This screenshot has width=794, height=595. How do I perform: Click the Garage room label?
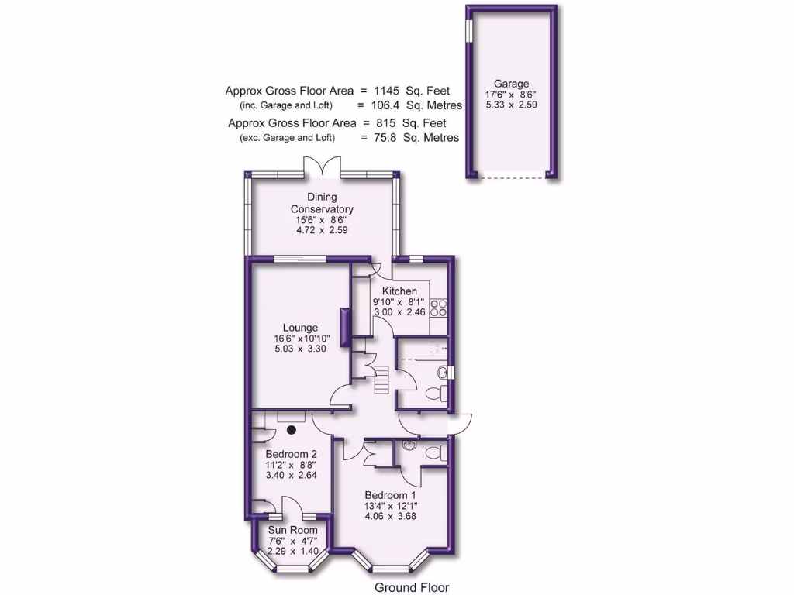[511, 84]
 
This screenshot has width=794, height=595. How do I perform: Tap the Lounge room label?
[300, 328]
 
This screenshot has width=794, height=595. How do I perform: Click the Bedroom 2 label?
[291, 454]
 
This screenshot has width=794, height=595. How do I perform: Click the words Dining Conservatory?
[322, 203]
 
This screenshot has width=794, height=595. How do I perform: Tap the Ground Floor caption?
[411, 587]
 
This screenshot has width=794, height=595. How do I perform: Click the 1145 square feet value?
[388, 91]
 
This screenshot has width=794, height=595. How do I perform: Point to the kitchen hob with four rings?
[439, 308]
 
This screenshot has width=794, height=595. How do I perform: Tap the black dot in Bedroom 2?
[292, 428]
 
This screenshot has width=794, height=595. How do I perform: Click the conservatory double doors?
[322, 167]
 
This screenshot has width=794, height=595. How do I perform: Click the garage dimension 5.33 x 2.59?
[511, 105]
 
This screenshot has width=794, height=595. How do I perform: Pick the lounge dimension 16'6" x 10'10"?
[300, 339]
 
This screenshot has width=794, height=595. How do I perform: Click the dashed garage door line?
[511, 178]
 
